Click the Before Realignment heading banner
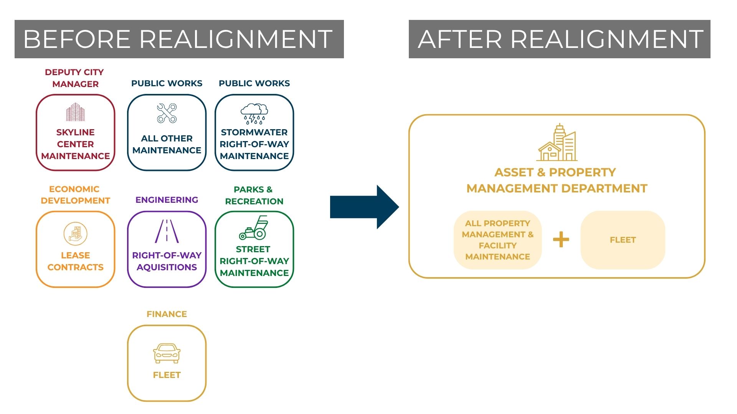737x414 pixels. [179, 39]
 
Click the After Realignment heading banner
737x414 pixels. [559, 39]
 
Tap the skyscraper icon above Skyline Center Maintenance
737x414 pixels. [75, 112]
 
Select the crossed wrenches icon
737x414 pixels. [167, 113]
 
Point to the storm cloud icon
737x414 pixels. [254, 113]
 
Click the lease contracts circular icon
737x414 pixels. [76, 233]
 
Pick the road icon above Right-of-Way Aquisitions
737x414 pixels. [167, 231]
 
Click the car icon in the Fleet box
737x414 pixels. [167, 353]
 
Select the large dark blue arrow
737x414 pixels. [365, 207]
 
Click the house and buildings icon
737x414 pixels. [557, 142]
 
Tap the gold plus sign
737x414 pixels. [561, 240]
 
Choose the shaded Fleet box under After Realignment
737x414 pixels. [623, 240]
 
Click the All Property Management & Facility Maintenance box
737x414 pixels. [498, 240]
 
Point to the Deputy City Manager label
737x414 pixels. [75, 78]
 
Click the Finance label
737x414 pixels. [167, 314]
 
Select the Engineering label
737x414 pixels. [167, 200]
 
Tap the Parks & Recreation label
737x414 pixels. [254, 195]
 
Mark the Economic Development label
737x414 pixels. [75, 195]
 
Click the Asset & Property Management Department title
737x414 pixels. [557, 180]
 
